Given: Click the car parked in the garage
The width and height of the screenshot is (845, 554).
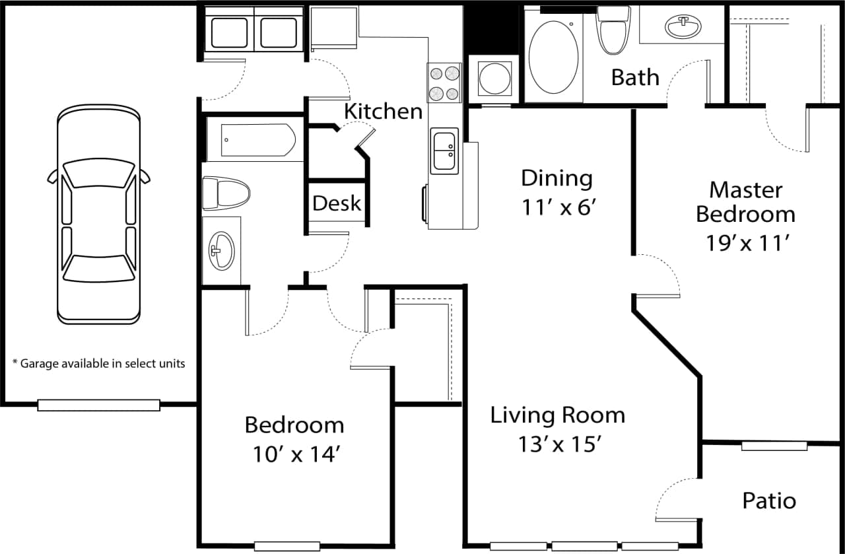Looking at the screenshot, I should (x=98, y=215).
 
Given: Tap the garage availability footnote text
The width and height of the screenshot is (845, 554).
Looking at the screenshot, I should (x=98, y=363).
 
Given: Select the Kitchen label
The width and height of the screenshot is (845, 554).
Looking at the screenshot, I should (x=383, y=111).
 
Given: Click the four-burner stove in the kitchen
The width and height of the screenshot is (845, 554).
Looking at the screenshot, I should (x=444, y=83).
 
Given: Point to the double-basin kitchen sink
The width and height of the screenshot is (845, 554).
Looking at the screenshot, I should (x=444, y=151).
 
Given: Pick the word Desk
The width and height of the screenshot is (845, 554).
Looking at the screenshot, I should (x=337, y=203).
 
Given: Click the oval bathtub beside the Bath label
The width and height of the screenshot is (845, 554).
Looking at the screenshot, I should (x=553, y=57).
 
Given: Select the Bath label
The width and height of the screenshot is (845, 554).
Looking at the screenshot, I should (x=635, y=77).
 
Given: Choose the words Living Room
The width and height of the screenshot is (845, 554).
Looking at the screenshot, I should (x=557, y=415).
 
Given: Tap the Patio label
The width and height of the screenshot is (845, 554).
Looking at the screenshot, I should (x=769, y=501).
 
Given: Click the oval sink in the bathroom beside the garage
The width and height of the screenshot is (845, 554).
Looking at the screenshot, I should (x=221, y=250).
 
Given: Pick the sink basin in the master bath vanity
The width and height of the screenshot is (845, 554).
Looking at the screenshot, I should (x=683, y=27).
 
